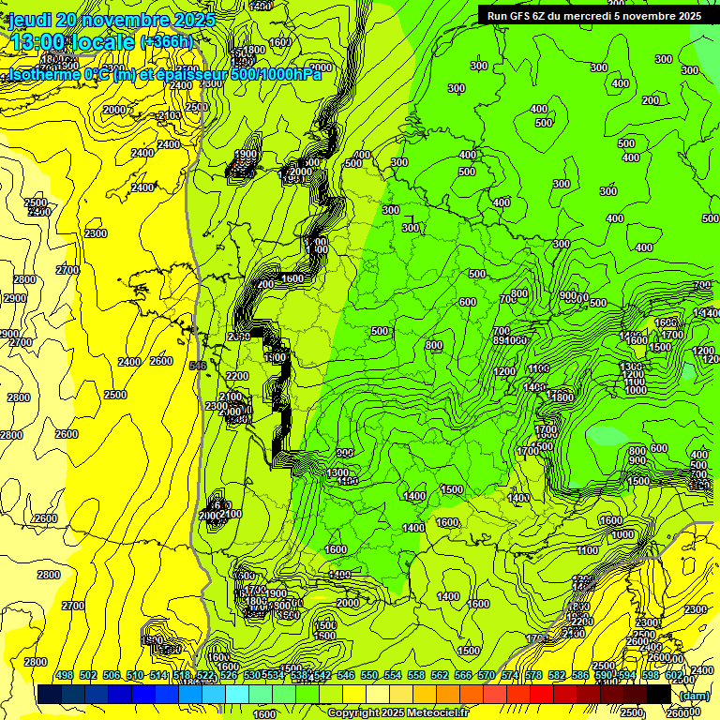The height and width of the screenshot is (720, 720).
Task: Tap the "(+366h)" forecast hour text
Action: click(x=166, y=41)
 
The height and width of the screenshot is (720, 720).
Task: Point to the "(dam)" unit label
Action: click(x=694, y=695)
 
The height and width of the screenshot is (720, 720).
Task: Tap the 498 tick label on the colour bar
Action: click(x=64, y=675)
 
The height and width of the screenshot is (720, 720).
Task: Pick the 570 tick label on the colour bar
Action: click(x=487, y=675)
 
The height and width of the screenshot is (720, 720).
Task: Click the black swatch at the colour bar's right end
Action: click(x=659, y=694)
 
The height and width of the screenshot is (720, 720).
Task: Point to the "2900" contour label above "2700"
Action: click(x=15, y=298)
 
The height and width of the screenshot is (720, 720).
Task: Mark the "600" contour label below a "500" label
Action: click(x=468, y=302)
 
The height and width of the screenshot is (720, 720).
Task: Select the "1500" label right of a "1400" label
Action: click(x=452, y=489)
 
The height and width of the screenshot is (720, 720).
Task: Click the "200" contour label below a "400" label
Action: click(x=650, y=100)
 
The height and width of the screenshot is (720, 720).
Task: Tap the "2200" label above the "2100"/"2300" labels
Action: click(x=237, y=376)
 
